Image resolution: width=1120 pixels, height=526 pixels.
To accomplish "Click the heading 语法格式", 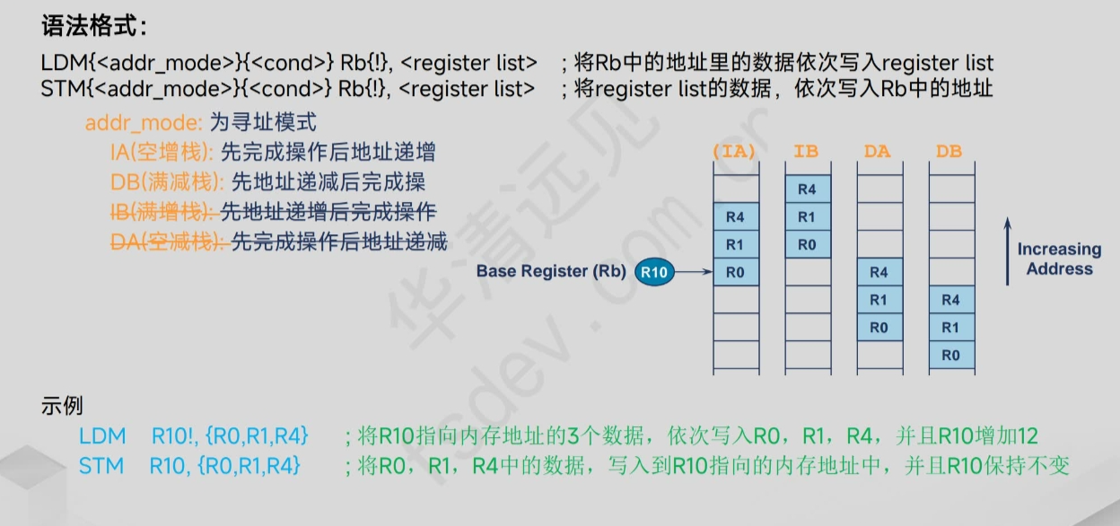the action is click(x=93, y=26).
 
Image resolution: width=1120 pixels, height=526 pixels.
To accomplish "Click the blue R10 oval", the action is click(x=653, y=271).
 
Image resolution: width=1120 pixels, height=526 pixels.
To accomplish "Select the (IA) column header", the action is click(x=734, y=152).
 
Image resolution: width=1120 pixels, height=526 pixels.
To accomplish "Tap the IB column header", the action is click(x=806, y=152).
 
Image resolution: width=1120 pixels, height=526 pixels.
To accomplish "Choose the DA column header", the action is click(x=878, y=152).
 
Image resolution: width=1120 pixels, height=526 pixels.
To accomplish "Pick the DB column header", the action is click(x=949, y=152).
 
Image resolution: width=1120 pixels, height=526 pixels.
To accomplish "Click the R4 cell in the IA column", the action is click(x=735, y=216).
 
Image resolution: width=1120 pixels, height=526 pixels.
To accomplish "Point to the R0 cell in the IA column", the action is click(x=735, y=272).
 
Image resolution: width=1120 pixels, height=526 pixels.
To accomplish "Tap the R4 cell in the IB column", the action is click(x=807, y=188).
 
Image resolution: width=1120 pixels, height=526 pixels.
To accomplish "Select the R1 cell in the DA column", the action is click(x=879, y=300).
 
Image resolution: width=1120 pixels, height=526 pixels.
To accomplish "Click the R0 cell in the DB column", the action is click(x=950, y=355).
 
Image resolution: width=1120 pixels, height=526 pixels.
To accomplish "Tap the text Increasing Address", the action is click(x=1059, y=259).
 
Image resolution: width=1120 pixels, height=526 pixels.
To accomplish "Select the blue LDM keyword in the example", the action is click(x=96, y=437).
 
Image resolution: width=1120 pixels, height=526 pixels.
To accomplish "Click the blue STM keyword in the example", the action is click(x=96, y=466).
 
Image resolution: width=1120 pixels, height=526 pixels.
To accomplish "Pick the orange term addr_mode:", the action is click(x=130, y=122).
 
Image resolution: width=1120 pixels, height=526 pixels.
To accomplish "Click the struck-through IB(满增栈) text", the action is click(x=163, y=212).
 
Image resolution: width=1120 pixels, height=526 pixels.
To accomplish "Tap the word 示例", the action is click(x=62, y=405).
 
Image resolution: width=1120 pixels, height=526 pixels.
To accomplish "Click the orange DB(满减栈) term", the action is click(x=167, y=182).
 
